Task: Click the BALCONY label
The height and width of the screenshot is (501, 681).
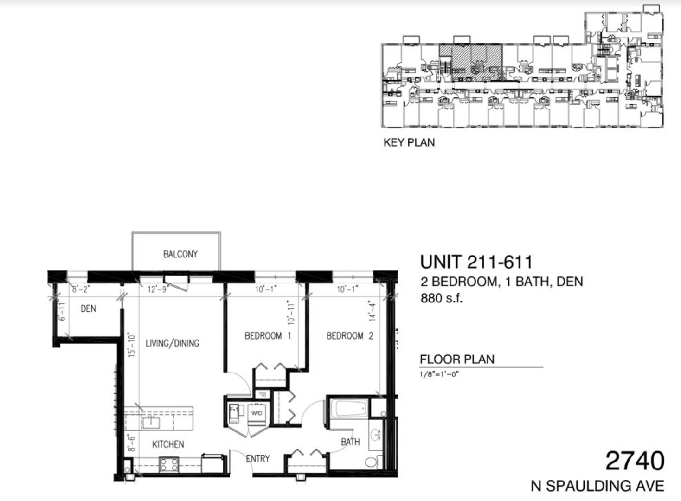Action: click(x=180, y=254)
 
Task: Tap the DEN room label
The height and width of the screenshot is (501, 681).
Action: click(x=88, y=308)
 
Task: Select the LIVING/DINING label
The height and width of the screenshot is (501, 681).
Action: click(x=173, y=343)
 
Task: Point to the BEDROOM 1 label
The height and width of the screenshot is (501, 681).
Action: click(x=268, y=335)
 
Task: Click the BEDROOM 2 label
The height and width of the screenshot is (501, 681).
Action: click(x=350, y=335)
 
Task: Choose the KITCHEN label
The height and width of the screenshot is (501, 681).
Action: click(x=168, y=444)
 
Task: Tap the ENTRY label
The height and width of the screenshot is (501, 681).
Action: click(x=257, y=458)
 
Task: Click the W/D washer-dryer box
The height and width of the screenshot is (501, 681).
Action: click(x=257, y=414)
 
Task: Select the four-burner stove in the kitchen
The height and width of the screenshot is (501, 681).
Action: click(x=169, y=465)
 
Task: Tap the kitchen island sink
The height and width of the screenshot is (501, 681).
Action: click(x=151, y=423)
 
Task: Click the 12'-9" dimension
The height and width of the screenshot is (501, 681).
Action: click(x=157, y=289)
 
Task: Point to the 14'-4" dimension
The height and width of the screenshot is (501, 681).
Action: click(x=373, y=312)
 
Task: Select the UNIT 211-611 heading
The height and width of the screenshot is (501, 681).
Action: click(x=476, y=262)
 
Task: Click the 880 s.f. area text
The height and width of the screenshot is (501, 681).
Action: click(x=442, y=298)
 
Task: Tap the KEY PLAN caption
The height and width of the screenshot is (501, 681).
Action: click(x=409, y=142)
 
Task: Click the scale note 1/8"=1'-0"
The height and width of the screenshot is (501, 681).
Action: click(x=439, y=374)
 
